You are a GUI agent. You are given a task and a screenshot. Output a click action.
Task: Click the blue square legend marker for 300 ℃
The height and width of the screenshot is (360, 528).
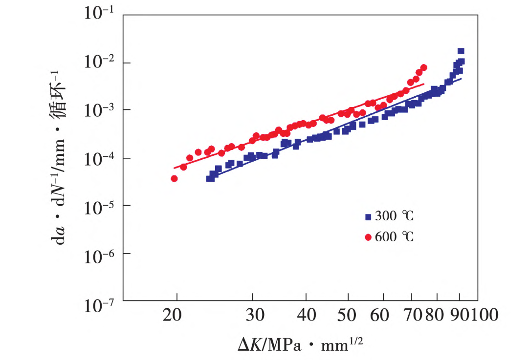[x=368, y=216]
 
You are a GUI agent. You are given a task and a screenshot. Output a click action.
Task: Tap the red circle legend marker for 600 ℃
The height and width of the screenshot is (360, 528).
[x=368, y=237]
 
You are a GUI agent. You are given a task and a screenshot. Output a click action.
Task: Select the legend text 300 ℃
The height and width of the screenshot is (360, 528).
[x=395, y=216]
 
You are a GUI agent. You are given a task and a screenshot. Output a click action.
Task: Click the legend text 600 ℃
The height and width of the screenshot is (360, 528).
[x=395, y=237]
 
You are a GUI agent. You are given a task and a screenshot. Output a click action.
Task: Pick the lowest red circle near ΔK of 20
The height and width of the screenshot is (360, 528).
[x=174, y=179]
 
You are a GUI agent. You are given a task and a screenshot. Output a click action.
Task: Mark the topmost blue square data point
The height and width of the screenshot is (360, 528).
[x=461, y=51]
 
